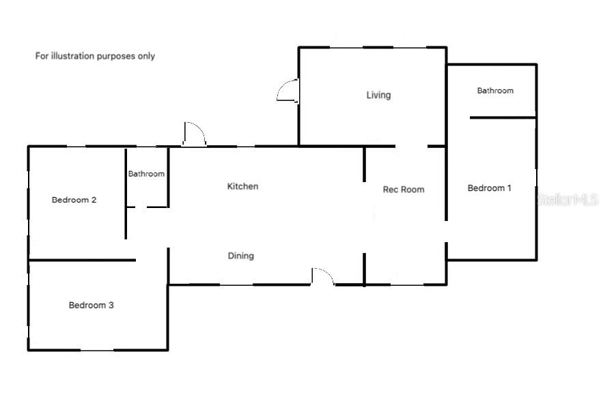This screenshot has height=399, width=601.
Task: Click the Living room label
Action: click(x=378, y=95)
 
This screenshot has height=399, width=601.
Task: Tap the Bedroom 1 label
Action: click(x=489, y=188)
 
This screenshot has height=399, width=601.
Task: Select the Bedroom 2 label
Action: click(x=74, y=200)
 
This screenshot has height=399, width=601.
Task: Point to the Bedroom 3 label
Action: click(x=91, y=305)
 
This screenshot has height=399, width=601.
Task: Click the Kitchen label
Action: click(x=242, y=186)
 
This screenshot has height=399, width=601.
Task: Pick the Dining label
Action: click(x=240, y=256)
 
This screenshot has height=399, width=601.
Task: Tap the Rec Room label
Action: click(x=403, y=190)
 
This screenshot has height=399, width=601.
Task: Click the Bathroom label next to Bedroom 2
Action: click(x=146, y=174)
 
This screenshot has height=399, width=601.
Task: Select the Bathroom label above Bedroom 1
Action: click(x=495, y=90)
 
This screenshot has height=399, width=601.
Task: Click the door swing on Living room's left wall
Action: click(x=288, y=91)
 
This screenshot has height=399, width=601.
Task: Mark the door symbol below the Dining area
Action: click(x=322, y=276)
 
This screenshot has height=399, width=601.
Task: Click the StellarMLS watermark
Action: click(x=568, y=200)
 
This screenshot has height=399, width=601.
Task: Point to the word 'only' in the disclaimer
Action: click(x=146, y=56)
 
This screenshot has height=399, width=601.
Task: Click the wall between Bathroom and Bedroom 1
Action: click(x=502, y=118)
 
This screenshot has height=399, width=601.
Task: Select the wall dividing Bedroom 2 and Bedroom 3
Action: click(x=82, y=260)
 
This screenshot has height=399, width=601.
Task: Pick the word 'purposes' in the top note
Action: click(x=117, y=56)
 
